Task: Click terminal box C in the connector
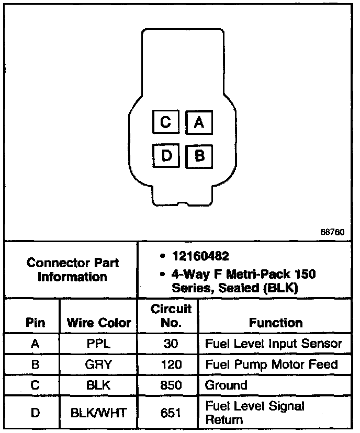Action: (x=166, y=122)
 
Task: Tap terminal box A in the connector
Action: (x=199, y=122)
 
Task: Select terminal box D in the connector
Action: (x=166, y=155)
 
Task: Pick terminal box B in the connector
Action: (x=199, y=155)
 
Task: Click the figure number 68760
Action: (x=332, y=232)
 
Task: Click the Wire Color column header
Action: (x=98, y=323)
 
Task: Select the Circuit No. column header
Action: (x=171, y=315)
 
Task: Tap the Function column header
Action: (x=275, y=323)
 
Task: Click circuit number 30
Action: (x=171, y=344)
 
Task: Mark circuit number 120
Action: (x=171, y=364)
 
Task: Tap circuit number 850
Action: (x=171, y=385)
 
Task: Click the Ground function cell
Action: (x=226, y=385)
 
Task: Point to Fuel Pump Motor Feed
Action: (x=271, y=364)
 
